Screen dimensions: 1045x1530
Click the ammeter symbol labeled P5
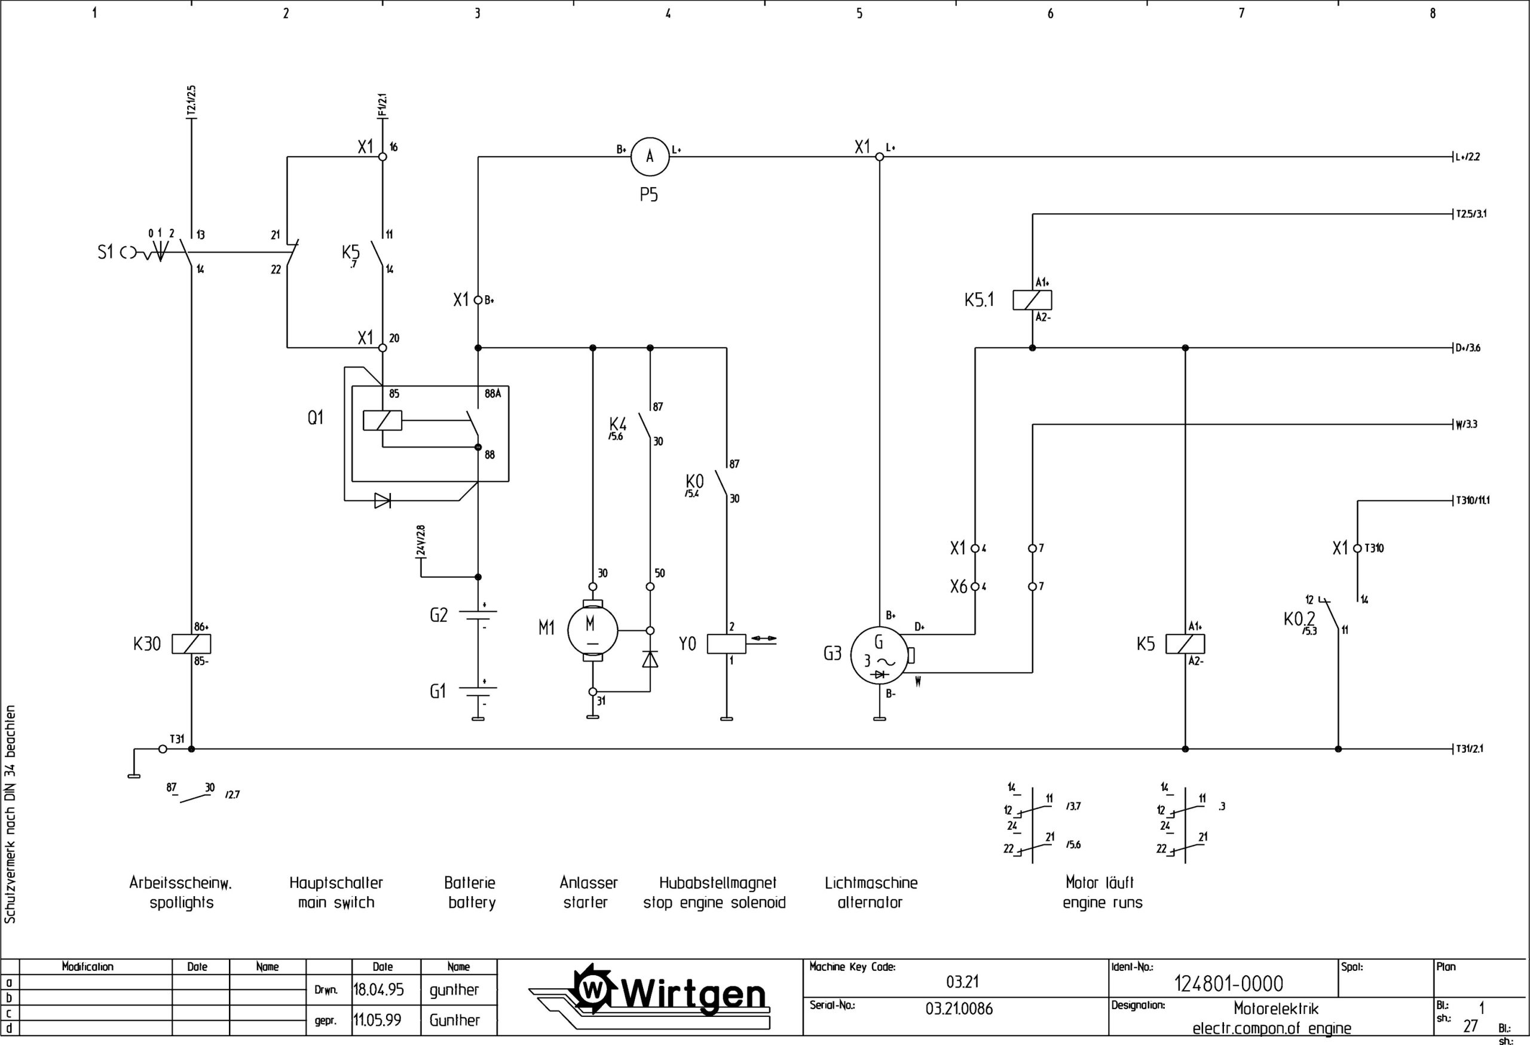coord(649,157)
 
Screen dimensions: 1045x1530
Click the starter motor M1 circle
coord(592,630)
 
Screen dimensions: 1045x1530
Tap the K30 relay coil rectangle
coord(191,643)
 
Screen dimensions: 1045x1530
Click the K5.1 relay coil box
coord(1032,300)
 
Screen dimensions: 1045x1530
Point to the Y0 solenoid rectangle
coord(726,643)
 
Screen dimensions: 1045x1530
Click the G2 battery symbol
coord(478,615)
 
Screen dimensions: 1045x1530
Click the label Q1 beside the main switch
coord(316,418)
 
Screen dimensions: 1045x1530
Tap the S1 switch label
coord(105,252)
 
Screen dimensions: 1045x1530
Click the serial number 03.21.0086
coord(959,1009)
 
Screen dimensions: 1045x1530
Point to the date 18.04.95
coord(378,989)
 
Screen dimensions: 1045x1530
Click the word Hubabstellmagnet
coord(718,883)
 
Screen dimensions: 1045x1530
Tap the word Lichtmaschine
coord(870,883)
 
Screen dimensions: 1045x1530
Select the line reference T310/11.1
coord(1472,500)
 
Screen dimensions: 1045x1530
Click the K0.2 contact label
coord(1299,619)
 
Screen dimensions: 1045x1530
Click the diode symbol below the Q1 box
coord(382,501)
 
